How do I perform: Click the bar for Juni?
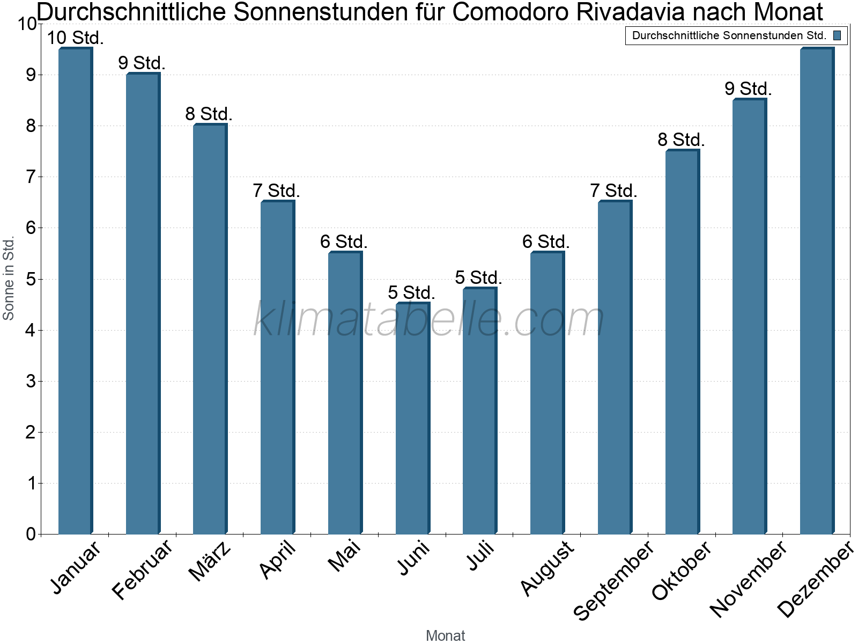tap(412, 419)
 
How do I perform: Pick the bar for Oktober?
tap(682, 343)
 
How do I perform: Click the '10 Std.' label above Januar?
tap(75, 38)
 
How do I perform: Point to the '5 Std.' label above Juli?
tap(478, 277)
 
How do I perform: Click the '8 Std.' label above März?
tap(209, 114)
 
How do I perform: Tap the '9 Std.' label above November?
tap(748, 89)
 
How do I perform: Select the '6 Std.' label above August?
tap(546, 241)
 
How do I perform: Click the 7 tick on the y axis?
tap(31, 177)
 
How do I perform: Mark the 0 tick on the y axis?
tap(31, 534)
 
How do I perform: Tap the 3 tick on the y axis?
tap(31, 381)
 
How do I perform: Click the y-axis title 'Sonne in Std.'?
tap(9, 279)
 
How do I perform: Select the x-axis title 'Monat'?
tap(445, 635)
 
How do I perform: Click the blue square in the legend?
tap(837, 35)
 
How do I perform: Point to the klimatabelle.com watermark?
tap(429, 319)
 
